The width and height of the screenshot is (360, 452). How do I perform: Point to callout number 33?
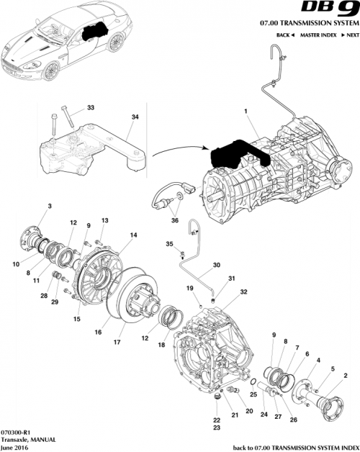(x=90, y=108)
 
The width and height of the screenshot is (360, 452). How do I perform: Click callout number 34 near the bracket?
(x=135, y=117)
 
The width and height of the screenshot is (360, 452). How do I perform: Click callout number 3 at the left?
(x=50, y=207)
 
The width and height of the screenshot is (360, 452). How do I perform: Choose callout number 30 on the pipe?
(x=215, y=264)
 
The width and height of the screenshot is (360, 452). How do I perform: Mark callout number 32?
(x=244, y=292)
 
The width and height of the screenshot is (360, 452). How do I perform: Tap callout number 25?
(x=253, y=394)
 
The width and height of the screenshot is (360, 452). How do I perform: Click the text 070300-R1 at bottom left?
(x=15, y=425)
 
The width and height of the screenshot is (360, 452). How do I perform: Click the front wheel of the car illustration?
(x=44, y=73)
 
